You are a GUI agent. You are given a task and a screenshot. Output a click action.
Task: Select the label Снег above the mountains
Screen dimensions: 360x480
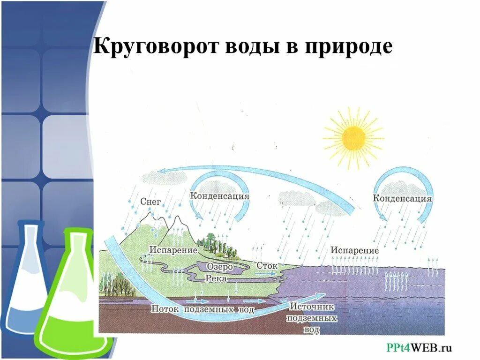click(x=150, y=202)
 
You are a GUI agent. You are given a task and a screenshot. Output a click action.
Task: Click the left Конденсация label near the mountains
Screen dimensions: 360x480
click(x=219, y=196)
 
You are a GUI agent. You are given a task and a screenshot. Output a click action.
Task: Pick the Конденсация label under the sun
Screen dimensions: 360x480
click(x=402, y=198)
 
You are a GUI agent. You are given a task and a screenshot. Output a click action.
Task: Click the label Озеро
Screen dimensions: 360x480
click(x=220, y=266)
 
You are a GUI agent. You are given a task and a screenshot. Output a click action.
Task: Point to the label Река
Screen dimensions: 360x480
click(x=216, y=278)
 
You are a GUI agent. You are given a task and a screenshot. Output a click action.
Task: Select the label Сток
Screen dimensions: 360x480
click(x=267, y=265)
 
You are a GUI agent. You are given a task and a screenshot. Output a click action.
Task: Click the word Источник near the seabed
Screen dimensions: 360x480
click(x=311, y=307)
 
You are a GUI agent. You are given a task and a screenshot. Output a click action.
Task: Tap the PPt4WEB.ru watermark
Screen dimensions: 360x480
click(x=419, y=347)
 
